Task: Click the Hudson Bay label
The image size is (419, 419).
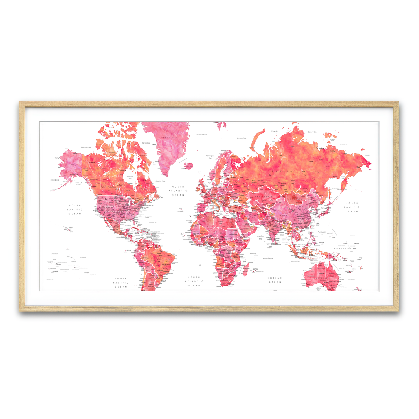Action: click(130, 177)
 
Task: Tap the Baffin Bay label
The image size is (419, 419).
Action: click(146, 143)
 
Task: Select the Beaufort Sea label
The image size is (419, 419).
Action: click(86, 148)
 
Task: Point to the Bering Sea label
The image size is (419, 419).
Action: click(54, 180)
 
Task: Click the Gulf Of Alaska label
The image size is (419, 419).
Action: click(79, 183)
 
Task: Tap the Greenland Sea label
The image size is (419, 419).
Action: click(201, 134)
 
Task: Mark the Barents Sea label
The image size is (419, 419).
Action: click(241, 138)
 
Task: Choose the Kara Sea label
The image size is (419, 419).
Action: click(275, 131)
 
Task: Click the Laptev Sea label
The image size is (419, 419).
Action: click(312, 132)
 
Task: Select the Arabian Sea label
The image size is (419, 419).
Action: click(260, 237)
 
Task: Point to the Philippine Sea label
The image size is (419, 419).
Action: click(322, 233)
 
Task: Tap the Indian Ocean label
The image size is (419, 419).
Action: click(275, 280)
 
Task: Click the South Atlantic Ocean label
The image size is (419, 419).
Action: click(194, 281)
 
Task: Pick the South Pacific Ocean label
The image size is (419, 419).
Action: click(121, 282)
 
